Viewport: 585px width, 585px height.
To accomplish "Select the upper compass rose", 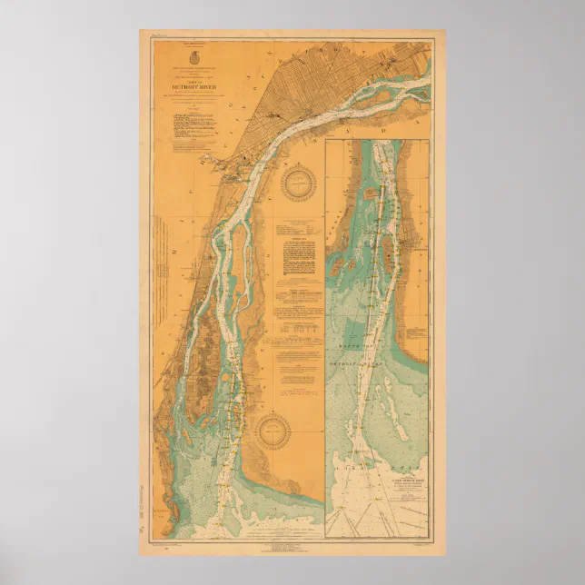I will tap(296, 184).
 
